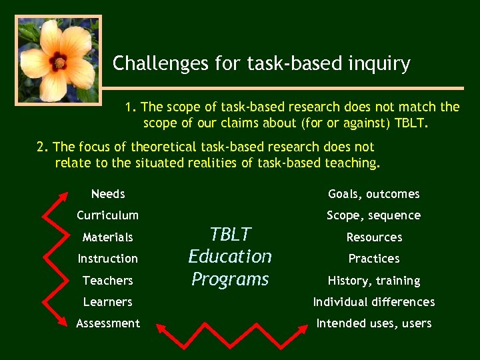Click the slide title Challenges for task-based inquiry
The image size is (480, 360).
pyautogui.click(x=261, y=64)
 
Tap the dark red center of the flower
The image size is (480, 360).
pyautogui.click(x=58, y=62)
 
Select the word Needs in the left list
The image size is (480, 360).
pyautogui.click(x=108, y=194)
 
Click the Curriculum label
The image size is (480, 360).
pyautogui.click(x=108, y=215)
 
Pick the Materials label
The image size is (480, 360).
pyautogui.click(x=108, y=237)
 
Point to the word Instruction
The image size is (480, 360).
pyautogui.click(x=108, y=259)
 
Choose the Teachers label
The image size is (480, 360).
pyautogui.click(x=108, y=281)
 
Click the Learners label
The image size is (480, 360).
pyautogui.click(x=108, y=302)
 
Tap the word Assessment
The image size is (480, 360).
pyautogui.click(x=108, y=323)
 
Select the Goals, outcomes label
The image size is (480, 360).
pyautogui.click(x=374, y=194)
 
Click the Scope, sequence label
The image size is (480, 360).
pyautogui.click(x=374, y=215)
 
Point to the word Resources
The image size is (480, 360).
pyautogui.click(x=374, y=237)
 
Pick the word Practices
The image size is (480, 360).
pyautogui.click(x=374, y=259)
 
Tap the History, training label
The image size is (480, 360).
pyautogui.click(x=374, y=281)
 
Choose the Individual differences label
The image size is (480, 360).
pyautogui.click(x=374, y=302)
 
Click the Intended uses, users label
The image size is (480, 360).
pyautogui.click(x=374, y=323)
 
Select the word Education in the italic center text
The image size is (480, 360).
pyautogui.click(x=230, y=257)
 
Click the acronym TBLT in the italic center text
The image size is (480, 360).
pyautogui.click(x=230, y=235)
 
